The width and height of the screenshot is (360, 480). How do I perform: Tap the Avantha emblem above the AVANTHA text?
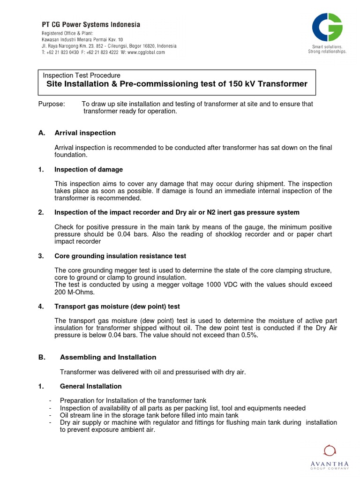click(x=330, y=451)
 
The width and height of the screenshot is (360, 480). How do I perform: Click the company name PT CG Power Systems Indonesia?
click(x=90, y=24)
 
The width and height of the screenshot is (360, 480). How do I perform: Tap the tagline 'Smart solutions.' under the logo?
click(x=327, y=47)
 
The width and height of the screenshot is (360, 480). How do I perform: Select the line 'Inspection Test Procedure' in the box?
click(x=82, y=75)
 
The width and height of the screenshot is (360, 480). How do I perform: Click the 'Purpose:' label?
click(x=51, y=104)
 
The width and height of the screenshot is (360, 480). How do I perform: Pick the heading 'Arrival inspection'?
click(x=85, y=133)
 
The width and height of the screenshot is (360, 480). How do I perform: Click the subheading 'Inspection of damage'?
click(x=89, y=170)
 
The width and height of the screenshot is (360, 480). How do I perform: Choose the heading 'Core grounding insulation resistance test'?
click(x=120, y=256)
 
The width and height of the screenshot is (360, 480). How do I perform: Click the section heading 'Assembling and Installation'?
click(x=108, y=357)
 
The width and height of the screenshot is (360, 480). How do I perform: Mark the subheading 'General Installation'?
click(x=90, y=386)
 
